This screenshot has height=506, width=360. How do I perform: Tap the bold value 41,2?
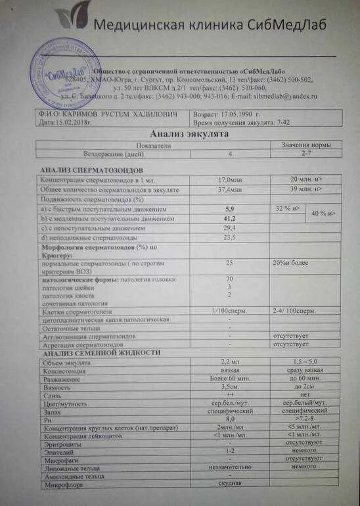(229, 218)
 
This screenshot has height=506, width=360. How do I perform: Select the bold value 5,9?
(229, 208)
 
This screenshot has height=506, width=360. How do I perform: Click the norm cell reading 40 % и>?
(323, 214)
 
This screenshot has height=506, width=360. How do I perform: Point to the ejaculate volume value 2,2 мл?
(229, 362)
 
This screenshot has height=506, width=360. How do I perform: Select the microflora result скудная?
(230, 484)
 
